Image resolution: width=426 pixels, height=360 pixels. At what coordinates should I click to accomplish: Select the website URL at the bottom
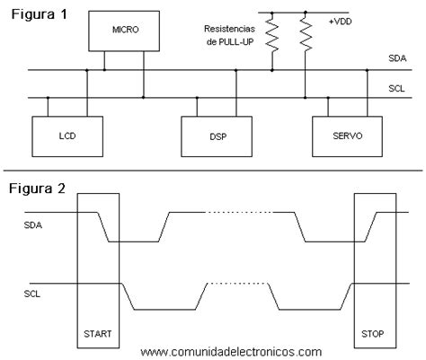[231, 352]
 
